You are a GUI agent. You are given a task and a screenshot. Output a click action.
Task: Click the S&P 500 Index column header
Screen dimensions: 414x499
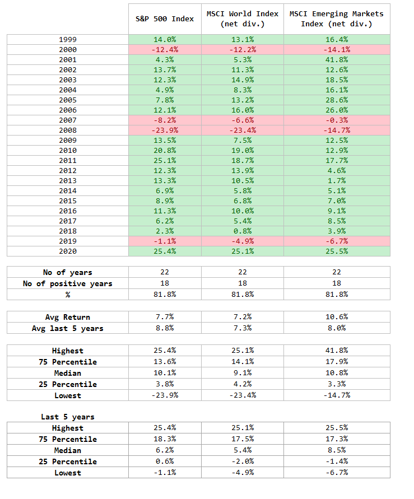click(165, 19)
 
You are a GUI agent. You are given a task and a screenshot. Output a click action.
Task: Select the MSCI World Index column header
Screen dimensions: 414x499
click(243, 19)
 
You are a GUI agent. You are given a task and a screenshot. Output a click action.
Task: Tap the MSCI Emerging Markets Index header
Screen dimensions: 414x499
click(337, 19)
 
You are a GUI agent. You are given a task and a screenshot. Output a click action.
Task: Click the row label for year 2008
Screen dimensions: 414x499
click(68, 130)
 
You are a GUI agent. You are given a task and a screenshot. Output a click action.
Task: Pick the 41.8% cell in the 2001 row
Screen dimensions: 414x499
click(337, 60)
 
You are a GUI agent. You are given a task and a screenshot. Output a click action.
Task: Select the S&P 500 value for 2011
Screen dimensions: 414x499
click(165, 160)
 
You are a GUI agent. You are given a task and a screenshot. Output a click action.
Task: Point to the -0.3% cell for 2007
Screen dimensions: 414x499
click(337, 120)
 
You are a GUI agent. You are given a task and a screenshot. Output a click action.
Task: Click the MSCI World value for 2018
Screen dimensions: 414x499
click(243, 231)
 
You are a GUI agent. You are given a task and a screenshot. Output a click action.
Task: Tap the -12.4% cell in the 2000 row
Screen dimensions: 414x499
click(165, 50)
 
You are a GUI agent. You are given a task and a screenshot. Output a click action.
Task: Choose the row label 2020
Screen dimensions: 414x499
click(68, 251)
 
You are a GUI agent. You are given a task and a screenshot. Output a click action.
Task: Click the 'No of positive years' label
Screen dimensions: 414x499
click(67, 283)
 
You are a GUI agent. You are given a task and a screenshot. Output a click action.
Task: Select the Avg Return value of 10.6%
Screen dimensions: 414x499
click(337, 317)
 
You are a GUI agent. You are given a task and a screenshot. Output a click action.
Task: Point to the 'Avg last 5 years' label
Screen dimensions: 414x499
click(67, 328)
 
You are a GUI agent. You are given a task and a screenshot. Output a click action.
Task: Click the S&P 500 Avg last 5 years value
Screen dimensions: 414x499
click(165, 328)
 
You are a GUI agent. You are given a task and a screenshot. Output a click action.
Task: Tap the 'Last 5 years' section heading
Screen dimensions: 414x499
click(67, 417)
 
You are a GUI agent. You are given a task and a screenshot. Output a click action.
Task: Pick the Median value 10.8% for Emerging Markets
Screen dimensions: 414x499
click(337, 372)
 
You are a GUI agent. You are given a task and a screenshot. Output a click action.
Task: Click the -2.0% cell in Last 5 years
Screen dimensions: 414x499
click(243, 461)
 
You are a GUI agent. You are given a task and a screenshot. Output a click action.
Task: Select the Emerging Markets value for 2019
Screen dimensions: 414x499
click(337, 241)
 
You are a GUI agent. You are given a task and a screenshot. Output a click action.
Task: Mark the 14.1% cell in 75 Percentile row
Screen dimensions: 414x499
click(243, 362)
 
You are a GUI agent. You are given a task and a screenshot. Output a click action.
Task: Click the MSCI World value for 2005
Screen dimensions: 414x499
click(243, 100)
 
